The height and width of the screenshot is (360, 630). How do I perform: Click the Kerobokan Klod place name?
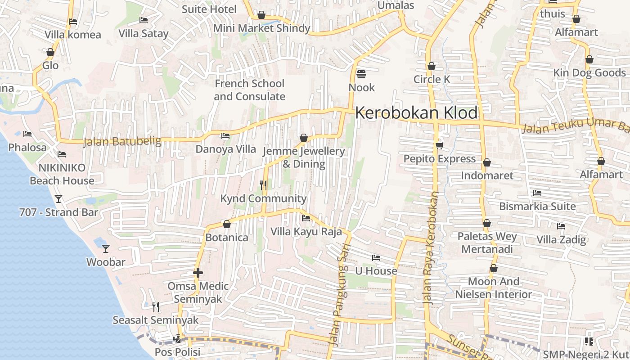tap(416, 113)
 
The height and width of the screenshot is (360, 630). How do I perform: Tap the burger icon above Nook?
tap(361, 74)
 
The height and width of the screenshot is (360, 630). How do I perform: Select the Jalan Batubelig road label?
tap(122, 142)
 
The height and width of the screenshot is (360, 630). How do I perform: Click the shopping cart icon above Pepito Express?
tap(439, 145)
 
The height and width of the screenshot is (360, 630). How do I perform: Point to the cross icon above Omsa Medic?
tap(198, 273)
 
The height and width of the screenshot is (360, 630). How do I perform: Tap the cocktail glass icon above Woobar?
tap(105, 248)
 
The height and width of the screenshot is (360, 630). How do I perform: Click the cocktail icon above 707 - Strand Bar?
tap(58, 198)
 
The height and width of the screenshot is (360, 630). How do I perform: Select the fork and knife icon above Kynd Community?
tap(264, 185)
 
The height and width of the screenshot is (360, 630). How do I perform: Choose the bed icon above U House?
tap(376, 258)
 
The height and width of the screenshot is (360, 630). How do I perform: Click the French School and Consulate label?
tap(249, 90)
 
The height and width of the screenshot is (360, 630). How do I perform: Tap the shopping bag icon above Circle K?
tap(432, 66)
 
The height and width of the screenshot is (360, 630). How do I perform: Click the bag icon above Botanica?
tap(227, 224)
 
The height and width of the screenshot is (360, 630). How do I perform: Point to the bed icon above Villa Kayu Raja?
tap(306, 218)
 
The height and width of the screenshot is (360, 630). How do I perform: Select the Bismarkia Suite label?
tap(537, 206)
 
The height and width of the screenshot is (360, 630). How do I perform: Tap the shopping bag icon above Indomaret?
tap(487, 162)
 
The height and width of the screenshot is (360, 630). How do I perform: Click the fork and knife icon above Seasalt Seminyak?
tap(156, 307)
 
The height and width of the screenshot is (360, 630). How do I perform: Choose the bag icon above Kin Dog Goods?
tap(589, 59)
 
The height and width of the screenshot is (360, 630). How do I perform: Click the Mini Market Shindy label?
tap(261, 28)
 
